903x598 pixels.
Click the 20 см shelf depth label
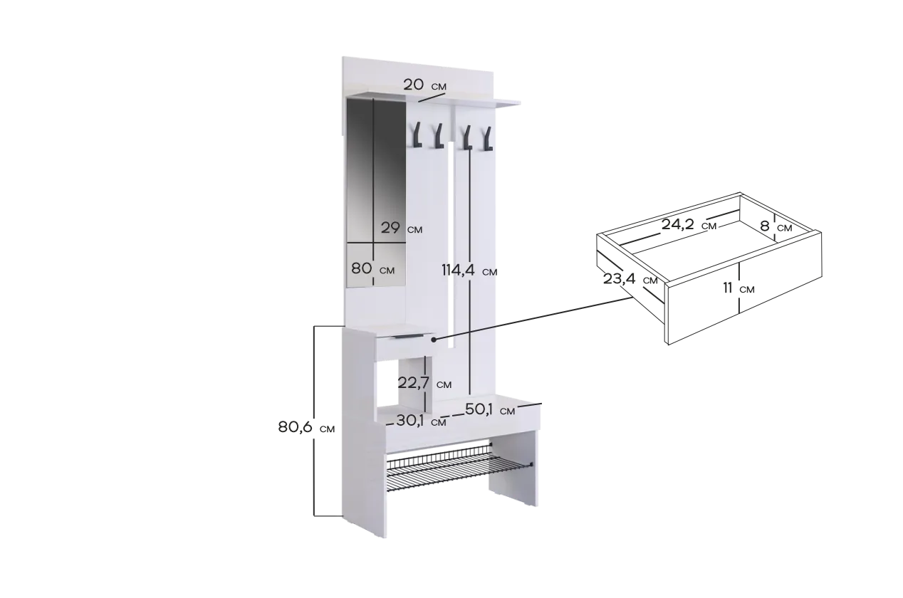[425, 85]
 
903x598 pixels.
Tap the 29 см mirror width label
[402, 229]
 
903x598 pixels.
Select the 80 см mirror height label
[373, 268]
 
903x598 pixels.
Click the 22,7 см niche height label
[424, 383]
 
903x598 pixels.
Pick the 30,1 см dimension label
[421, 421]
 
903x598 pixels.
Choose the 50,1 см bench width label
[490, 410]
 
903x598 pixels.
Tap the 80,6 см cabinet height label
[306, 427]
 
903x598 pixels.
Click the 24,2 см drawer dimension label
[689, 225]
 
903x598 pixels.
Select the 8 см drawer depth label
[776, 226]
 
